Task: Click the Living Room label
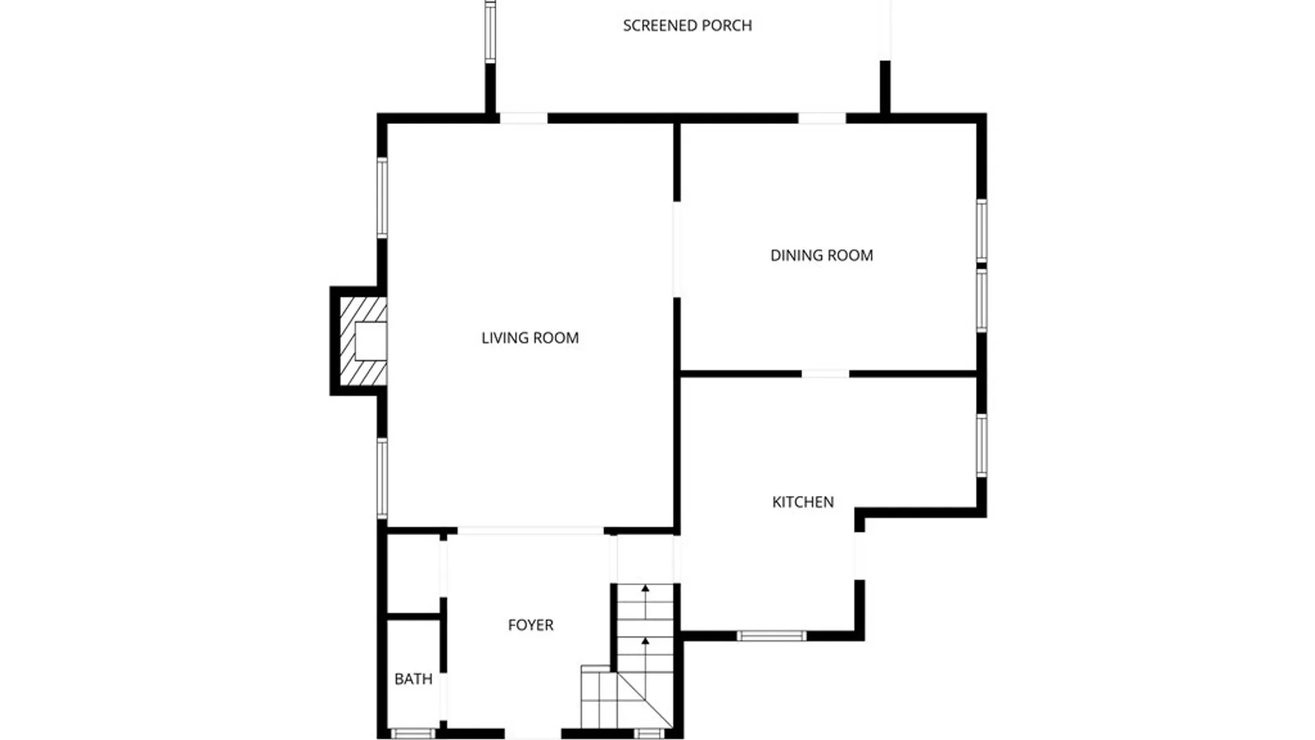pos(529,338)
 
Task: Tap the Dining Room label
pos(821,256)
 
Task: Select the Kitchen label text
pos(803,502)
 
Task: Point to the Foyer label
pos(530,625)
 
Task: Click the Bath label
pos(413,679)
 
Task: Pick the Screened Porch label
pos(687,26)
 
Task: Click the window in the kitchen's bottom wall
pos(771,636)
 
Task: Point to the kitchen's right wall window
pos(981,445)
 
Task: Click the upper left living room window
pos(382,198)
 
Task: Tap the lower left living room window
pos(382,478)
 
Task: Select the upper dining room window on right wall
pos(981,230)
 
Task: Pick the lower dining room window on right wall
pos(981,300)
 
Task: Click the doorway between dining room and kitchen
pos(825,374)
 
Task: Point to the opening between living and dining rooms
pos(677,249)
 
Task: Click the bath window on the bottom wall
pos(413,734)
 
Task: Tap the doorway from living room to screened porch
pos(523,119)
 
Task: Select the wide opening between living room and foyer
pos(530,531)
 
